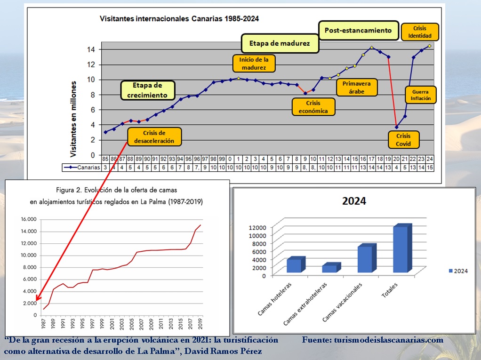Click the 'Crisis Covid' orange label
pyautogui.click(x=403, y=140)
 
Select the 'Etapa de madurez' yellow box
pyautogui.click(x=280, y=43)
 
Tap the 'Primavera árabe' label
pyautogui.click(x=356, y=88)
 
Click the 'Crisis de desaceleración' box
pyautogui.click(x=155, y=136)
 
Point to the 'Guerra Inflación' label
pyautogui.click(x=421, y=95)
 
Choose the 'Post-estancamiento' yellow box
pyautogui.click(x=358, y=31)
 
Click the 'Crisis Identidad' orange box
pyautogui.click(x=420, y=32)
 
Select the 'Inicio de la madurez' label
pyautogui.click(x=254, y=64)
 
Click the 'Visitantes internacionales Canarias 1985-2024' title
pyautogui.click(x=179, y=19)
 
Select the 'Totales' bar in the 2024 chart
pyautogui.click(x=402, y=249)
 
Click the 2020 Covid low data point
pyautogui.click(x=396, y=127)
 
